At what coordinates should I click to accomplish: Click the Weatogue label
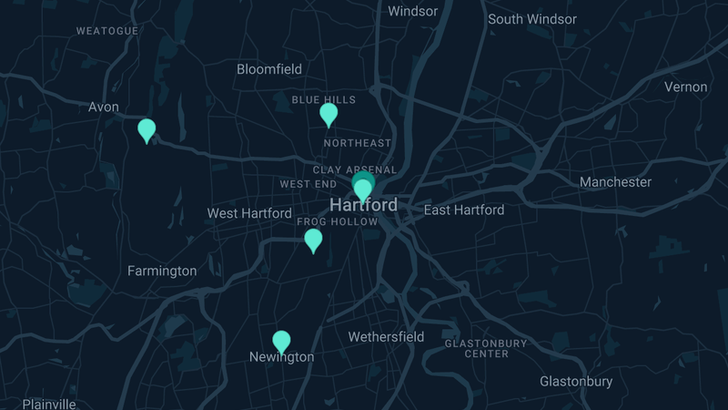point(107,30)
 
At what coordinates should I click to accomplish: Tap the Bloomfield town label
point(268,69)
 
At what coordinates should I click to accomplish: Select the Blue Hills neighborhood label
point(323,99)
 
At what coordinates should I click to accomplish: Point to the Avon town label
point(104,107)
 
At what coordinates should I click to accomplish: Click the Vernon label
point(685,87)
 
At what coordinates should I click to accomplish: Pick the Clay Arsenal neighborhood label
point(355,169)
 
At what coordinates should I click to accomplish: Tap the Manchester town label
point(615,182)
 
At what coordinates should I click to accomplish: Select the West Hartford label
point(249,213)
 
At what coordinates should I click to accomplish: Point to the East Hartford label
point(464,210)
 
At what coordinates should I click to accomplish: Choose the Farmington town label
point(162,271)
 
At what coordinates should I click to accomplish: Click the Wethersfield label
point(386,337)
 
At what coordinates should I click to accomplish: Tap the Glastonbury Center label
point(486,348)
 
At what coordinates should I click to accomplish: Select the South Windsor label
point(532,19)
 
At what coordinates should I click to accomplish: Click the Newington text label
point(281,357)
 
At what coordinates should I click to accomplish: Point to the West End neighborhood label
point(308,184)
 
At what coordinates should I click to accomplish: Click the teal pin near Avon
point(147,130)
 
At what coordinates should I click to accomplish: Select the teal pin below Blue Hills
point(329,114)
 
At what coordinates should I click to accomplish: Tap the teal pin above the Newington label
point(282,342)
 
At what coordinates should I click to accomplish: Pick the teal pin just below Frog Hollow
point(313,240)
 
